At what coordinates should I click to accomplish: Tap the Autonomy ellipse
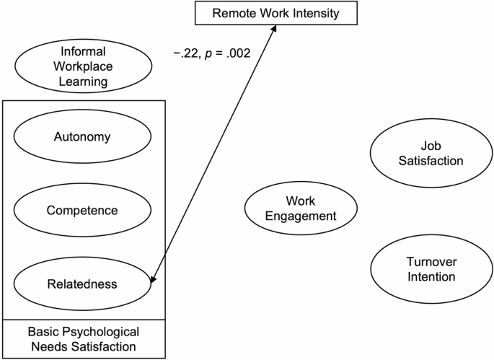coord(83,136)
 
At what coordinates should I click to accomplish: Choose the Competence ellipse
coord(83,210)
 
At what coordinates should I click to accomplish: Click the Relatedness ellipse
coord(83,284)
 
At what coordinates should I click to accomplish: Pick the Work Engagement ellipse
coord(301,208)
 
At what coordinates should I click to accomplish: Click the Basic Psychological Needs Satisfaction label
coord(83,338)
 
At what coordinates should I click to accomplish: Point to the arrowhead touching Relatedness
coord(153,278)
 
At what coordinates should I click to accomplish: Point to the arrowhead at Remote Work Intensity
coord(274,27)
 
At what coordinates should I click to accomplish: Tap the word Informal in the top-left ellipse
coord(83,52)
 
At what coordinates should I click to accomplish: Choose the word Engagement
coord(301,216)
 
